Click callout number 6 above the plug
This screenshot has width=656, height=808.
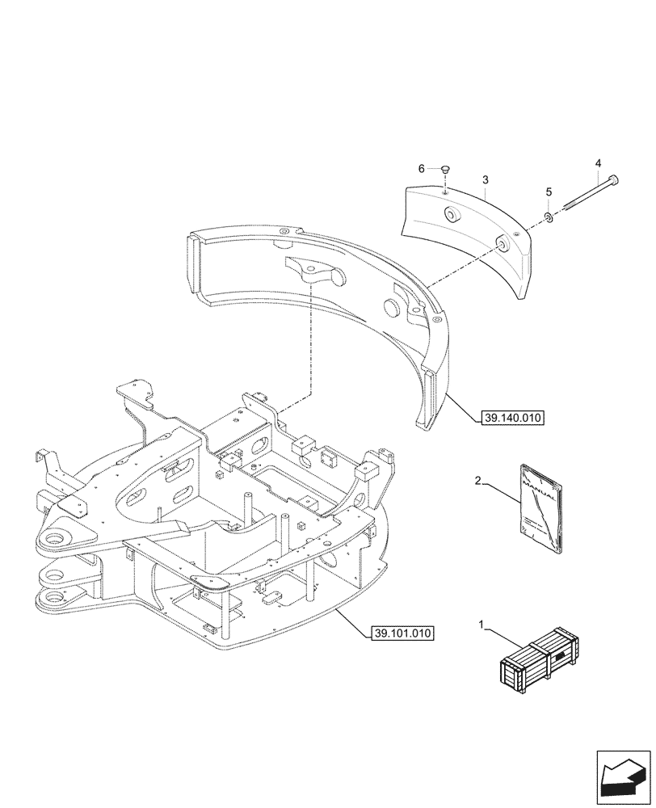pos(421,168)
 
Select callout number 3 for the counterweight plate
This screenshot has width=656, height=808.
pos(484,179)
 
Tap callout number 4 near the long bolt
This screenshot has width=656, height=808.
pos(598,163)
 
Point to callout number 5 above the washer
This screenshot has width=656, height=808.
pos(549,191)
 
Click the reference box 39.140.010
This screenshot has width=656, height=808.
pos(512,418)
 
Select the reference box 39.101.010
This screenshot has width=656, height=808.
pos(403,632)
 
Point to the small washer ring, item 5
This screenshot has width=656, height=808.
pos(549,217)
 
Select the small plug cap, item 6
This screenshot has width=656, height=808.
pos(445,169)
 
